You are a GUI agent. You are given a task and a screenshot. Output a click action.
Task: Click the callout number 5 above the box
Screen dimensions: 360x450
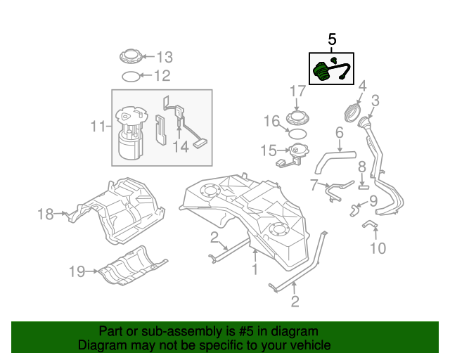333,40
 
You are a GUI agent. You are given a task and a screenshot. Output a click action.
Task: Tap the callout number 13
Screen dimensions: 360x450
163,57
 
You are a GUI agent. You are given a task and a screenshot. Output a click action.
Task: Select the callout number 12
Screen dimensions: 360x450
162,75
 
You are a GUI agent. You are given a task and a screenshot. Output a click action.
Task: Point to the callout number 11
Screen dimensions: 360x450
98,127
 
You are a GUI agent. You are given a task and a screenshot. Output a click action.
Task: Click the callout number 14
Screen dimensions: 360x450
181,147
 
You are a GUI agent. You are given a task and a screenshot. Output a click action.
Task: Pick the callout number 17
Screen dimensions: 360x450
297,91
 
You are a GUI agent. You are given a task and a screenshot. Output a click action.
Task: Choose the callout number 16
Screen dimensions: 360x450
271,122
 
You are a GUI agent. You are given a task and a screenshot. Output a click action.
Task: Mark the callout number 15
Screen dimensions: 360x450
269,150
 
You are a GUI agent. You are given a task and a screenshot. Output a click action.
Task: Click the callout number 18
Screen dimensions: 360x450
46,214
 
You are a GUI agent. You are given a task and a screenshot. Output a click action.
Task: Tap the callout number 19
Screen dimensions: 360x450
77,271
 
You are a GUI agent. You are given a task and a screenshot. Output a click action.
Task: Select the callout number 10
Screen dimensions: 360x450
378,247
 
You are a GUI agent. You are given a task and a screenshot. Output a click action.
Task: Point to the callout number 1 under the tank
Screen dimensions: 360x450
255,269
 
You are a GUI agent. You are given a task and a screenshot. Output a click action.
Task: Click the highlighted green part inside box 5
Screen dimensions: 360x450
322,72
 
